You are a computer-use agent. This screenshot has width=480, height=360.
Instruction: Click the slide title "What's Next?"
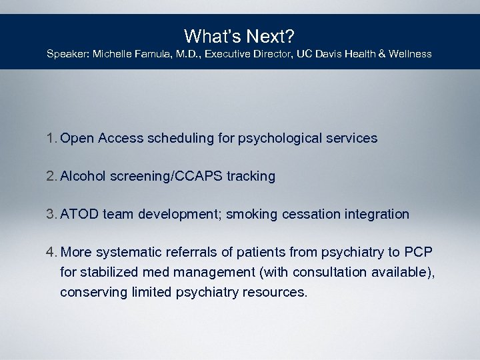pyautogui.click(x=239, y=35)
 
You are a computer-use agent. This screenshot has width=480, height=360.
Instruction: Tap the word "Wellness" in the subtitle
pyautogui.click(x=409, y=53)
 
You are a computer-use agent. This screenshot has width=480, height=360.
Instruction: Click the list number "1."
pyautogui.click(x=51, y=139)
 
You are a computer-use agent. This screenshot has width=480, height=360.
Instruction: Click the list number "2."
pyautogui.click(x=51, y=177)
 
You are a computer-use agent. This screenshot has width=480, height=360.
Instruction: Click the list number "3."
pyautogui.click(x=51, y=215)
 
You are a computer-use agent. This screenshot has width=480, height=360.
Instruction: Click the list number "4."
pyautogui.click(x=51, y=253)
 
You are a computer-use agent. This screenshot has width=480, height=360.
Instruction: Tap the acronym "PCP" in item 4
pyautogui.click(x=418, y=253)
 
